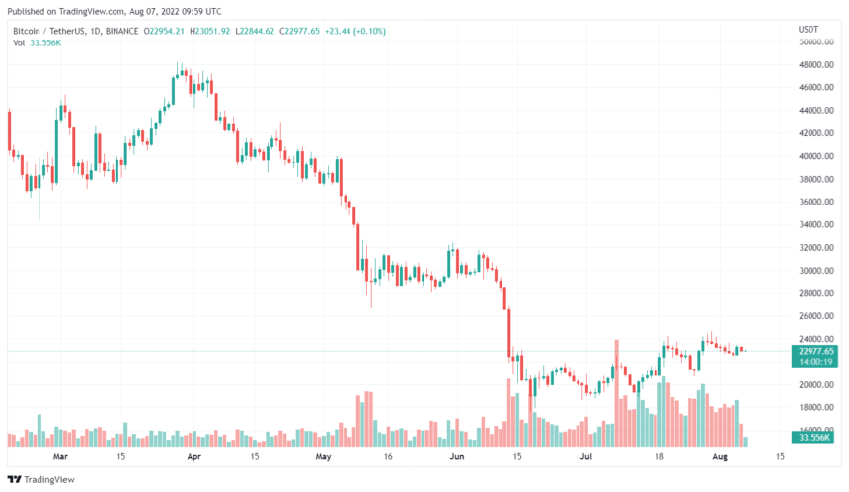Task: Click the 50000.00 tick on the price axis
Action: [x=816, y=42]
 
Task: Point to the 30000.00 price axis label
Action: [x=816, y=271]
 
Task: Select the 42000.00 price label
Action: [x=816, y=134]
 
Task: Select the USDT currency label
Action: [x=808, y=30]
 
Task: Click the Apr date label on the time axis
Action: [x=193, y=457]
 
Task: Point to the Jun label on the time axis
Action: [x=457, y=457]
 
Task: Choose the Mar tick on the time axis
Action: [x=59, y=457]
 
